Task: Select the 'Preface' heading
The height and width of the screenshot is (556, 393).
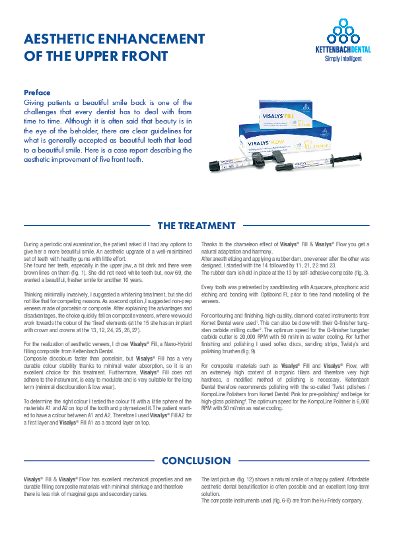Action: click(x=37, y=92)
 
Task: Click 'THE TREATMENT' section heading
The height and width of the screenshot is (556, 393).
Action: click(x=196, y=226)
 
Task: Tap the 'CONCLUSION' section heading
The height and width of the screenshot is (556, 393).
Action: click(x=196, y=460)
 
